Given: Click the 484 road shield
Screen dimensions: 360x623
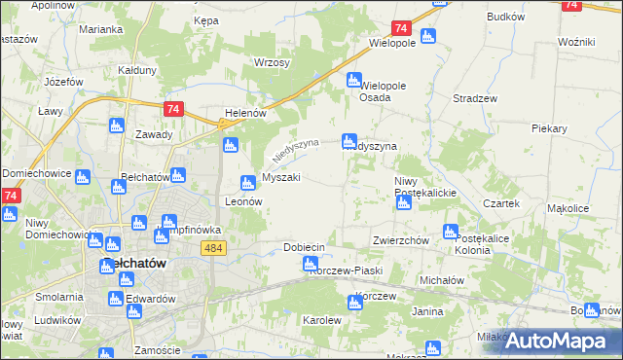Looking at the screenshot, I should [x=215, y=250].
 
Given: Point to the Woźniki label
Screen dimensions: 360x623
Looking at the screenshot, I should [x=576, y=43].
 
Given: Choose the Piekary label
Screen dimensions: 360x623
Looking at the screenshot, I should [x=550, y=127].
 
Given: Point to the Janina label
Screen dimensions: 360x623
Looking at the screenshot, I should [x=427, y=311].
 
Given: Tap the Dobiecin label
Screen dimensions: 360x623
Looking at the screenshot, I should [x=304, y=247].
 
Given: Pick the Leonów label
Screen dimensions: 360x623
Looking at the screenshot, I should [x=244, y=201].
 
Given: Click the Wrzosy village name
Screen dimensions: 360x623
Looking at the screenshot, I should [x=273, y=62].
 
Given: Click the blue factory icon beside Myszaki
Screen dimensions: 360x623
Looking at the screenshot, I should [x=248, y=182].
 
